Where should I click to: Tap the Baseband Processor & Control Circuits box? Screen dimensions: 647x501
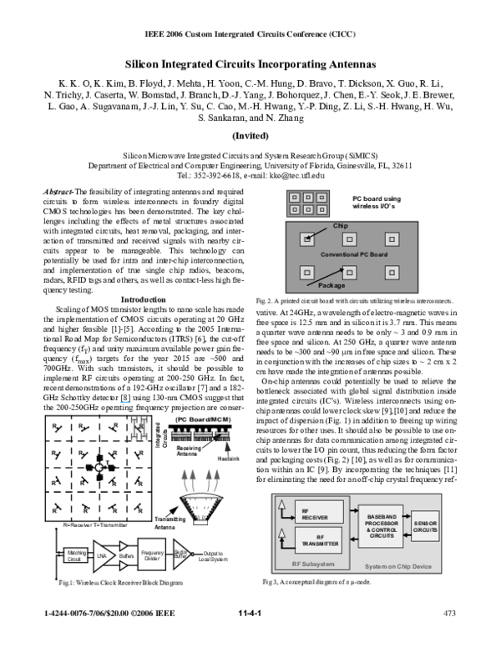click(381, 526)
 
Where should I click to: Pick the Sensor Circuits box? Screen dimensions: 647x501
click(425, 526)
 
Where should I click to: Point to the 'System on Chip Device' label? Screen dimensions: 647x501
click(398, 567)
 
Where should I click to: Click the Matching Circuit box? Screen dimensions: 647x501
click(75, 554)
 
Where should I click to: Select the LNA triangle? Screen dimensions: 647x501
click(102, 555)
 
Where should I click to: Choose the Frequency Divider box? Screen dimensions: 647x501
click(152, 554)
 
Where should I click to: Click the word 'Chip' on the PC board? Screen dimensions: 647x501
click(340, 226)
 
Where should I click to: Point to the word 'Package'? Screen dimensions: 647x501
click(331, 285)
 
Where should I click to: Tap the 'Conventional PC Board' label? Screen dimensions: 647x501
click(354, 253)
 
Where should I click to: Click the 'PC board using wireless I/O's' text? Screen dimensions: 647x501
click(377, 202)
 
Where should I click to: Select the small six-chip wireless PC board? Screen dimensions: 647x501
click(308, 203)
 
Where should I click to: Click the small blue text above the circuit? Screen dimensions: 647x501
click(126, 402)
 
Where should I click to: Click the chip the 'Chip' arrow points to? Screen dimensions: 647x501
click(307, 240)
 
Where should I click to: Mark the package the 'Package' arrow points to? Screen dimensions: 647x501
click(350, 272)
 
